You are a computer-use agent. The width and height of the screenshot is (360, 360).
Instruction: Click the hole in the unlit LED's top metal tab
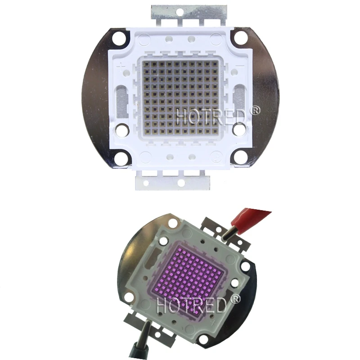[181, 11]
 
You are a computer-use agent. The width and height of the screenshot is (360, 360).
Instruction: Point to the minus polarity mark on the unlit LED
[240, 66]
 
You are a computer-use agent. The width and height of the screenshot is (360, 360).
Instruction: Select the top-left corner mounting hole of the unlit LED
[120, 37]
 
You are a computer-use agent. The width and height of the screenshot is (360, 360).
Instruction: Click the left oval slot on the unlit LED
[121, 100]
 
